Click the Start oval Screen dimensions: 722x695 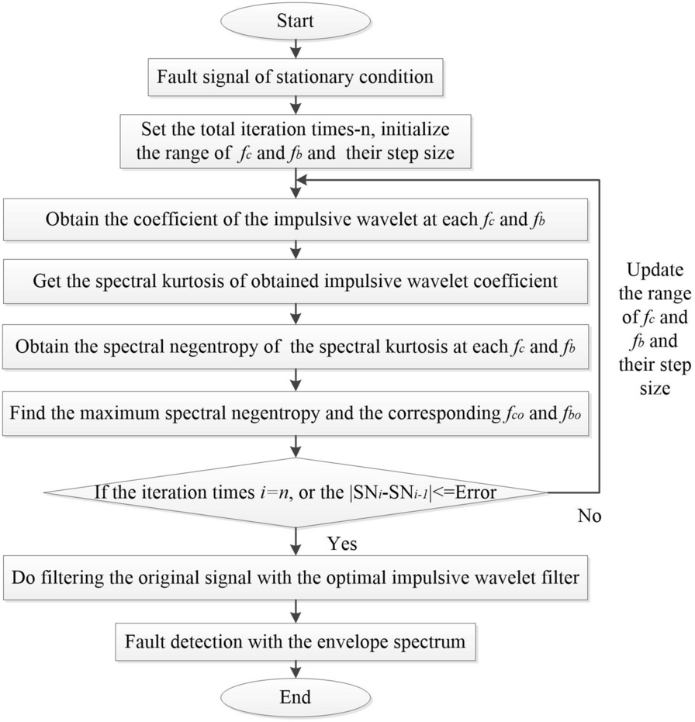pyautogui.click(x=296, y=22)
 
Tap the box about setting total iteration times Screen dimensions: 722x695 pyautogui.click(x=296, y=141)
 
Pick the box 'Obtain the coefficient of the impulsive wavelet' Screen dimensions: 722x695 pyautogui.click(x=296, y=219)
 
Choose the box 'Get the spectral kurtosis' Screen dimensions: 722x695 pyautogui.click(x=296, y=280)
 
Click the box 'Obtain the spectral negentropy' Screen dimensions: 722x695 pyautogui.click(x=296, y=342)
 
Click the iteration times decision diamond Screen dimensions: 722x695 pyautogui.click(x=296, y=491)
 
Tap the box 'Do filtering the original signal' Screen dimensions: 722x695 pyautogui.click(x=296, y=577)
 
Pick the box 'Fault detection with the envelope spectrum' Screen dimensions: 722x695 pyautogui.click(x=296, y=641)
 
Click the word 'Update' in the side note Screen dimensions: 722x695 pyautogui.click(x=651, y=271)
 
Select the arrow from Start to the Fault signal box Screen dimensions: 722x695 pyautogui.click(x=296, y=49)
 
